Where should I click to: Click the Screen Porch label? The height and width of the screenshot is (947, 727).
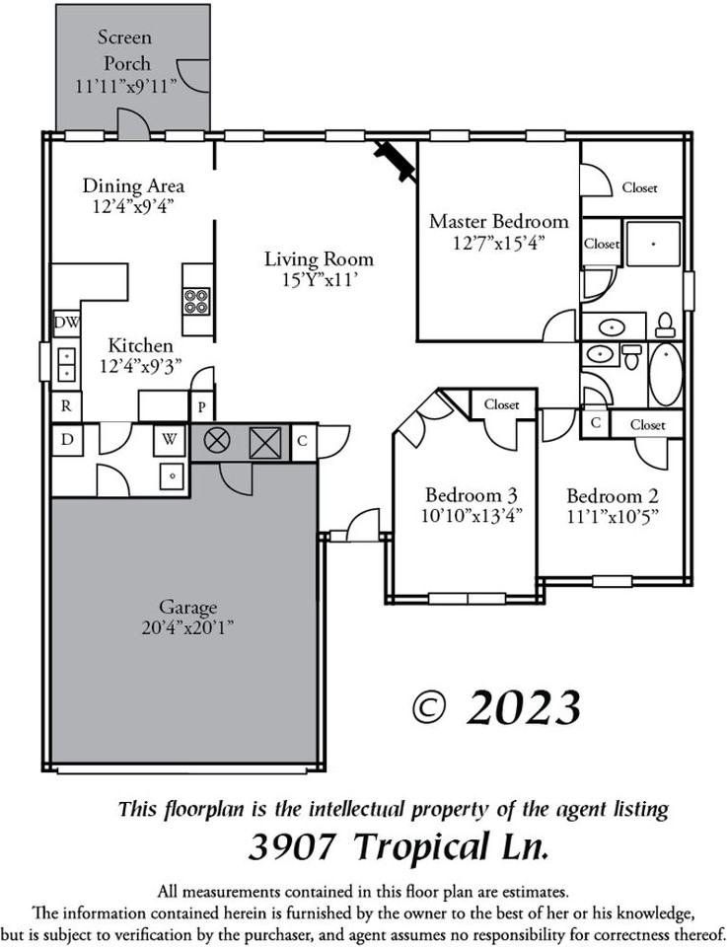click(124, 50)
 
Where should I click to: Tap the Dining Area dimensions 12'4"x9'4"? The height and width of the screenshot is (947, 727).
click(133, 206)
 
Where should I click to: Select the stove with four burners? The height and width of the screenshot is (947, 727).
click(196, 300)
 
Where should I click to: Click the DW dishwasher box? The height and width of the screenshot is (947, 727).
click(66, 322)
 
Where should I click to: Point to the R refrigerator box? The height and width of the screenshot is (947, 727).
click(66, 404)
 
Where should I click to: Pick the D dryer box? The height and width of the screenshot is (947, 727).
click(66, 440)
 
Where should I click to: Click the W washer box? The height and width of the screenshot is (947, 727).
click(170, 440)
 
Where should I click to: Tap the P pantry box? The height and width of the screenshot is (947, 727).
click(201, 405)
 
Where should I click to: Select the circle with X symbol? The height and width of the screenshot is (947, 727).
click(217, 442)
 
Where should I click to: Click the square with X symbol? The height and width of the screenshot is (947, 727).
click(264, 442)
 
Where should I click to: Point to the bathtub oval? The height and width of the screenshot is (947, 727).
click(665, 374)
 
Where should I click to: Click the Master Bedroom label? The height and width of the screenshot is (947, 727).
click(498, 221)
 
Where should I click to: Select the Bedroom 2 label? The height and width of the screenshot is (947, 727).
click(612, 495)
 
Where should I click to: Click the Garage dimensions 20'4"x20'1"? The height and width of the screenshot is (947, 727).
click(188, 626)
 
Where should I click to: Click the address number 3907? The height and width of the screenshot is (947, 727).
click(293, 845)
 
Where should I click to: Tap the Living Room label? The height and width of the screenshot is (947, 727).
click(319, 259)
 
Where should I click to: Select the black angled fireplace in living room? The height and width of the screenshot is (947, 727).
click(394, 160)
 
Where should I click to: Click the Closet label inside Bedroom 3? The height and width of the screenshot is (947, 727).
click(501, 404)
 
